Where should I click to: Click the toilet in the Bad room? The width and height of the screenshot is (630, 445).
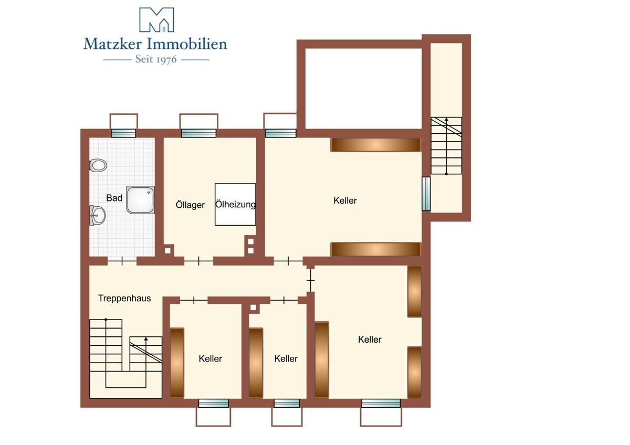coord(98,165)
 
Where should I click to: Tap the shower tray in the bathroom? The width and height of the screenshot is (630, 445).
coord(140,200)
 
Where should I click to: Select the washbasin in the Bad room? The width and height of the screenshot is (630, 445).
coord(97,215)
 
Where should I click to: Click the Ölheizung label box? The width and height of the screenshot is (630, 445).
coord(235,204)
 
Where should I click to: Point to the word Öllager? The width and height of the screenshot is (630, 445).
coord(190,205)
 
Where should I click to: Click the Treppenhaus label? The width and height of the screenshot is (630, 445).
coord(124,298)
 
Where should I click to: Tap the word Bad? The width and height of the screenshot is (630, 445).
coord(114,198)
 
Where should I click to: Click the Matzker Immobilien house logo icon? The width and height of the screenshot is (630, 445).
coord(156,19)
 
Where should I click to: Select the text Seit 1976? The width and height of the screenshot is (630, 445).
coord(156,59)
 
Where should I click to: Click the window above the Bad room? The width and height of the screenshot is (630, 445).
coord(123,133)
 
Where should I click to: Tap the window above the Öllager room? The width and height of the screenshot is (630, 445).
coord(198,133)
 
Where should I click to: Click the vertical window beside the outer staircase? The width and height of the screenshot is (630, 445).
coord(426,194)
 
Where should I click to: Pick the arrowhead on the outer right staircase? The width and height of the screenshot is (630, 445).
coord(446,120)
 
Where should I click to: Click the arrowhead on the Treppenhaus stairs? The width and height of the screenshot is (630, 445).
coord(146,339)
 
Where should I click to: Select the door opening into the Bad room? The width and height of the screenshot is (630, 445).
coord(122,261)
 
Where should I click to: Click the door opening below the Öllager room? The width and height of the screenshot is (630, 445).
coord(199,261)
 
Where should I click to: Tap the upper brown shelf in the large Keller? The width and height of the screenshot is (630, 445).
coord(376,145)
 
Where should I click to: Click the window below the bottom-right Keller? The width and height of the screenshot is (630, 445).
coord(381,403)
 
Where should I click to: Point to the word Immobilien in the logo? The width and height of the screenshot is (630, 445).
coord(187,44)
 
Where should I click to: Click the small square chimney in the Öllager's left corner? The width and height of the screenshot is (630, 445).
coord(167,250)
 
